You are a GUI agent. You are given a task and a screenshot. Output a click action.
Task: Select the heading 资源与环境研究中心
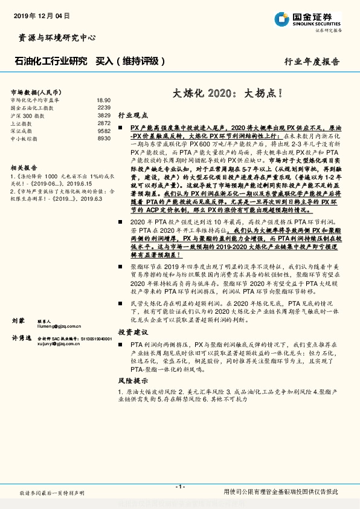[x=54, y=37]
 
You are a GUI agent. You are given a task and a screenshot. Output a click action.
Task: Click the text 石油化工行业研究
[x=50, y=61]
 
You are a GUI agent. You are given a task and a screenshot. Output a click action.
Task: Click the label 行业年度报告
[x=312, y=62]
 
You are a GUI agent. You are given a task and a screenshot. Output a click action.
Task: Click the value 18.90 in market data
[x=103, y=100]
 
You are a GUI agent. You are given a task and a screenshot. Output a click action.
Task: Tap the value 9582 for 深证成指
[x=104, y=131]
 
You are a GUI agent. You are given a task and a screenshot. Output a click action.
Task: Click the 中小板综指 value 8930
[x=104, y=138]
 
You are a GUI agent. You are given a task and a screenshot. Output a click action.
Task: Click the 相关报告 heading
[x=24, y=168]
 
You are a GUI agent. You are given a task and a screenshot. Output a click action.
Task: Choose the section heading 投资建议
[x=132, y=332]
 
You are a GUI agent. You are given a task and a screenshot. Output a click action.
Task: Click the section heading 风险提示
[x=132, y=381]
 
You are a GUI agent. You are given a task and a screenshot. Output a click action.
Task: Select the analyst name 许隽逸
[x=21, y=339]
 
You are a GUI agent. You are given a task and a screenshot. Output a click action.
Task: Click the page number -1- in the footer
[x=180, y=486]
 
